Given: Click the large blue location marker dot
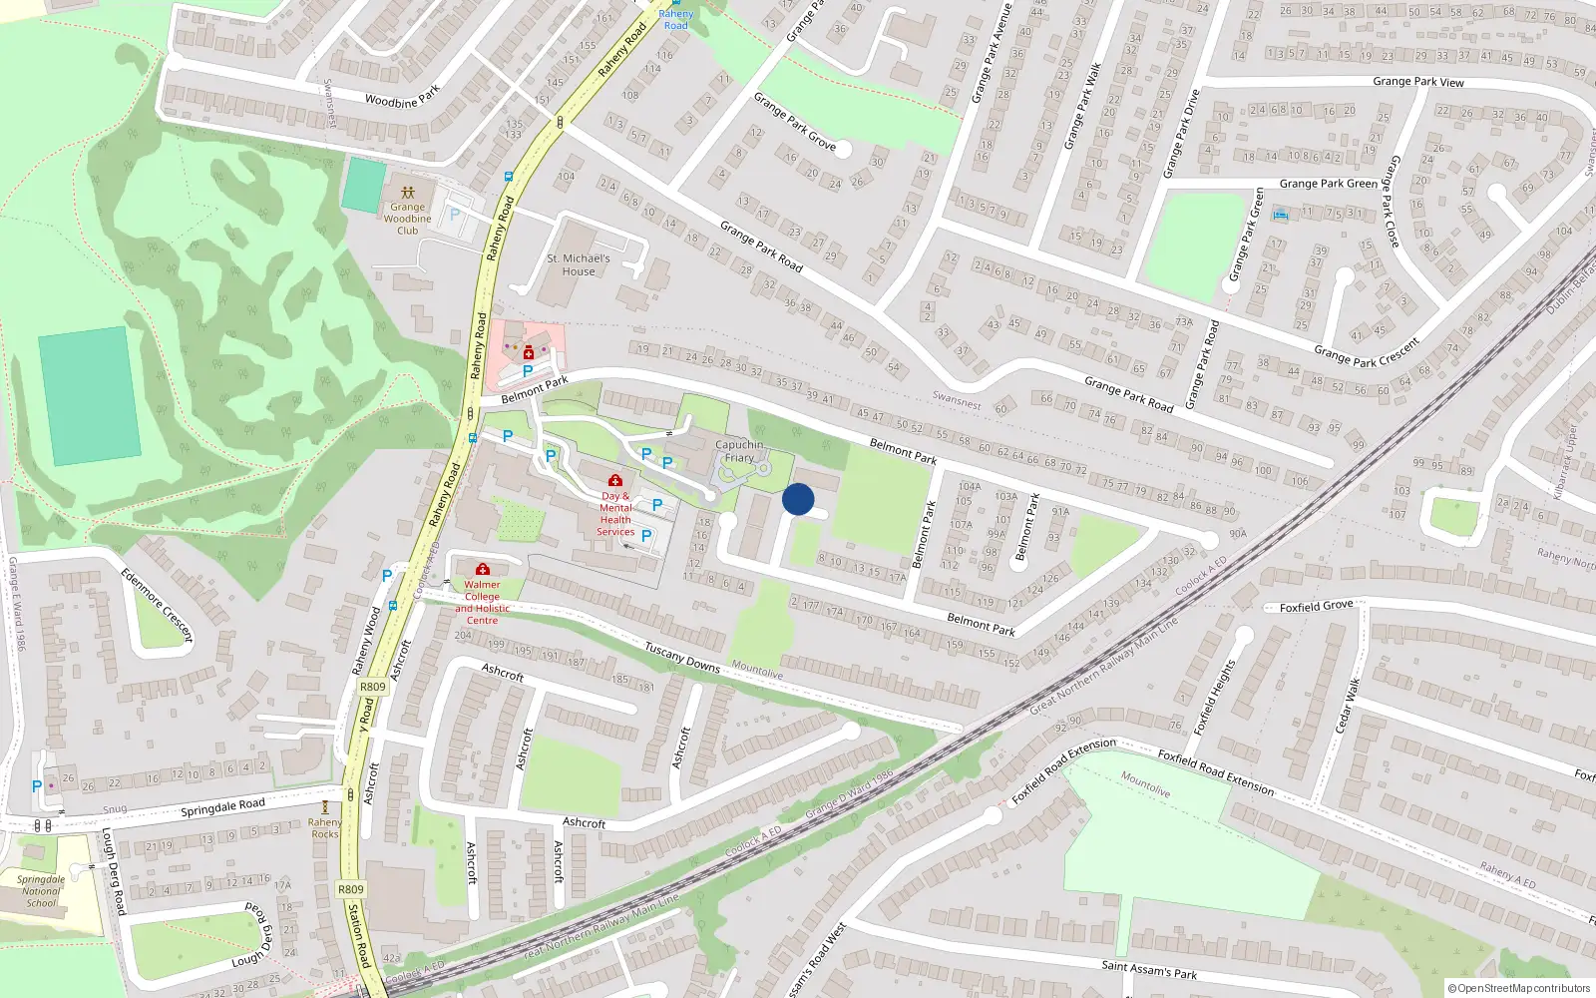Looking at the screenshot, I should click(798, 499).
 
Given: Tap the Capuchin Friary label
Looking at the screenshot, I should click(739, 451).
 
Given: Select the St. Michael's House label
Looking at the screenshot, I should click(579, 264).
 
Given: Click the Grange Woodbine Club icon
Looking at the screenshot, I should click(407, 192).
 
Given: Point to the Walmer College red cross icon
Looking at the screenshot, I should click(483, 569).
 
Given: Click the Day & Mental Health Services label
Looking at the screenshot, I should click(615, 513).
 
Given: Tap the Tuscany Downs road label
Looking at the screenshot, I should click(682, 657).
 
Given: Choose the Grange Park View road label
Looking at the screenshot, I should click(1417, 82).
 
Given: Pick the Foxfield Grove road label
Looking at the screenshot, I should click(1316, 606).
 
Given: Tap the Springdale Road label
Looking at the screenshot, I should click(222, 807).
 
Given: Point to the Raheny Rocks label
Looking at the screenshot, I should click(325, 828).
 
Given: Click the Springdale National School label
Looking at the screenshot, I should click(41, 891).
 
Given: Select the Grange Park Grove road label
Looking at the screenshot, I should click(795, 122).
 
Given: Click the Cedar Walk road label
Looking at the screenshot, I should click(1348, 705).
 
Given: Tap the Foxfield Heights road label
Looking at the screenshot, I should click(1215, 698).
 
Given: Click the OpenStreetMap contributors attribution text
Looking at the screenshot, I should click(1519, 988).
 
